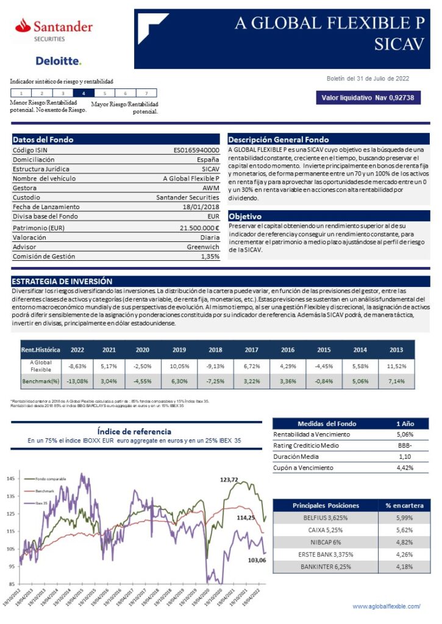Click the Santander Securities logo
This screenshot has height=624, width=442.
click(54, 30)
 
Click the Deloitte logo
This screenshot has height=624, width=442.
click(59, 60)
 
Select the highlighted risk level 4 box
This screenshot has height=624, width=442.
click(84, 93)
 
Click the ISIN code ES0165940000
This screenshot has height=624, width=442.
click(196, 150)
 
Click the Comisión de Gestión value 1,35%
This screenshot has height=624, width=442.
click(210, 257)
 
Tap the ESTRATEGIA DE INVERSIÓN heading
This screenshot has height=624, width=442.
click(62, 282)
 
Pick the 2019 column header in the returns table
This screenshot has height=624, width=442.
click(179, 350)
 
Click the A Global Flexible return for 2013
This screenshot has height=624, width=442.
click(396, 366)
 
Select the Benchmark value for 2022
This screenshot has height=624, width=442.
click(77, 381)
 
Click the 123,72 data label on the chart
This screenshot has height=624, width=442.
click(229, 480)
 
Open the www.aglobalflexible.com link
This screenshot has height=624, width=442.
click(387, 606)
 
